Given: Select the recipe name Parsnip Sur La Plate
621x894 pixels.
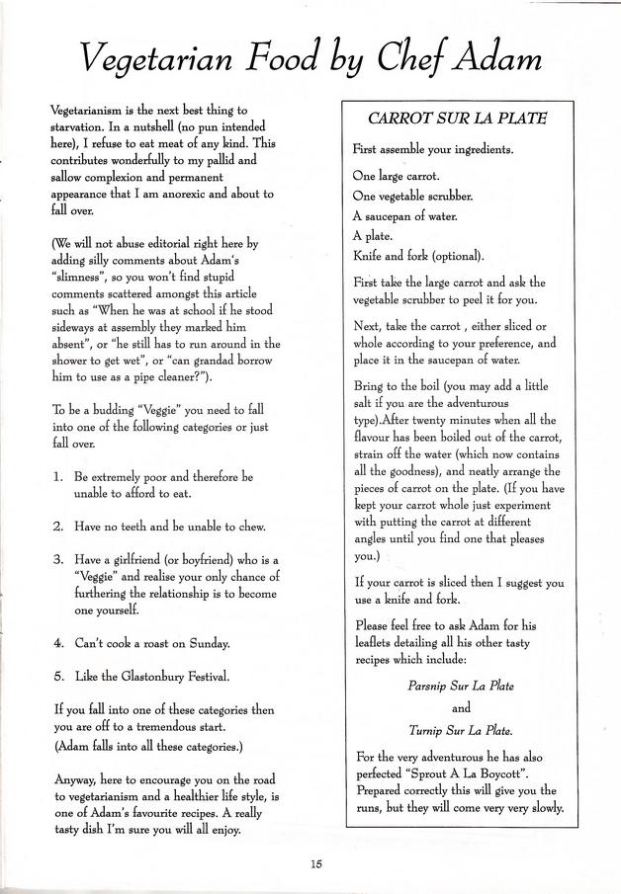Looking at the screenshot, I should pyautogui.click(x=461, y=685).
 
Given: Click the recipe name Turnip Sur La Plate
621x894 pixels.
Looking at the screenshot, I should pyautogui.click(x=461, y=731).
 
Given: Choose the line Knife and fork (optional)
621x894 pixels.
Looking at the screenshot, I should pyautogui.click(x=418, y=256).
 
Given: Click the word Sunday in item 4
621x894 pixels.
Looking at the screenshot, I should pyautogui.click(x=205, y=643).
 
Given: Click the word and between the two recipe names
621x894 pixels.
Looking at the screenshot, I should pyautogui.click(x=461, y=707).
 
